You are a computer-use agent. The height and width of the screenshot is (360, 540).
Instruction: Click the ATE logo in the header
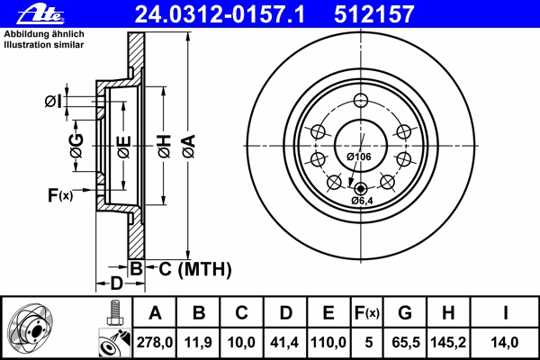(40, 14)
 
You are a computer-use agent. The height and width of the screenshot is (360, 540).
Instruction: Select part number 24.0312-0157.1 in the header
(220, 14)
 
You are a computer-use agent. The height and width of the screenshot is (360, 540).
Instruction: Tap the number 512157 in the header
(374, 14)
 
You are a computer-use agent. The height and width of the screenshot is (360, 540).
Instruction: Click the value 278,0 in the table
(155, 342)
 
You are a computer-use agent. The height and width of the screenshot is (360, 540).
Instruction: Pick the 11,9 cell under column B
(198, 342)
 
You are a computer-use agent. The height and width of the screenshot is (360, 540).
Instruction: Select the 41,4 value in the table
(284, 342)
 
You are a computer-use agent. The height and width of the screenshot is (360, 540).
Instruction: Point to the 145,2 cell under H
(448, 342)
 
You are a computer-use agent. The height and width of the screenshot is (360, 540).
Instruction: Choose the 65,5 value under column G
(405, 342)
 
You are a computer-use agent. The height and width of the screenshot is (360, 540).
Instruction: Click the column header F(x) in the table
(367, 313)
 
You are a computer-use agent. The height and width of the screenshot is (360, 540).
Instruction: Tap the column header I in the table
(505, 313)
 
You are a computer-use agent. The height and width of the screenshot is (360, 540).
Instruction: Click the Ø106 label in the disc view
(359, 157)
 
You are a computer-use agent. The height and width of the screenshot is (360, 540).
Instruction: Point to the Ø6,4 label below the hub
(362, 201)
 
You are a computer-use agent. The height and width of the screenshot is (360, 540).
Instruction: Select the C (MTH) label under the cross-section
(195, 269)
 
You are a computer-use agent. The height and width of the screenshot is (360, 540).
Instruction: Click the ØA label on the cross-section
(189, 147)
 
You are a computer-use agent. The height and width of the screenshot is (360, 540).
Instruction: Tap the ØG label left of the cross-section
(76, 146)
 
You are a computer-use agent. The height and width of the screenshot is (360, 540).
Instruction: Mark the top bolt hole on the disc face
(361, 101)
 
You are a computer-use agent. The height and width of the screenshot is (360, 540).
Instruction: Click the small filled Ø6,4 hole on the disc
(361, 189)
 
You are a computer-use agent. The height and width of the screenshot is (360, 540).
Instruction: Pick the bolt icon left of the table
(114, 313)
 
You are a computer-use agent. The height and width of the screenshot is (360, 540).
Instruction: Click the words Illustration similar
(44, 45)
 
